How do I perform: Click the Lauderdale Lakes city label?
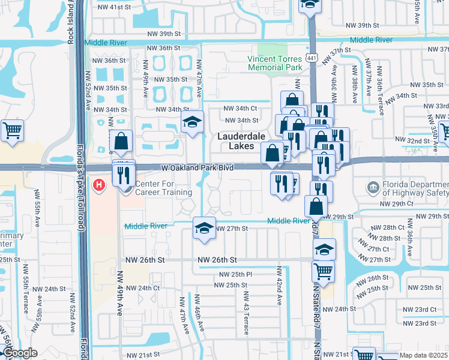241,142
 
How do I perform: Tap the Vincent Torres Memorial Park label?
274,63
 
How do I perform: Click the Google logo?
20,353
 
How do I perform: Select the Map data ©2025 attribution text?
423,355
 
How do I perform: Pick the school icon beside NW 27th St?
204,229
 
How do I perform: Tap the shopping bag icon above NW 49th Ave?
121,142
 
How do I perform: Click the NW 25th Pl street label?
233,274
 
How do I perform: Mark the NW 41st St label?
113,7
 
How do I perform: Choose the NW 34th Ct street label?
240,109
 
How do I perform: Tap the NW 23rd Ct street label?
420,310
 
